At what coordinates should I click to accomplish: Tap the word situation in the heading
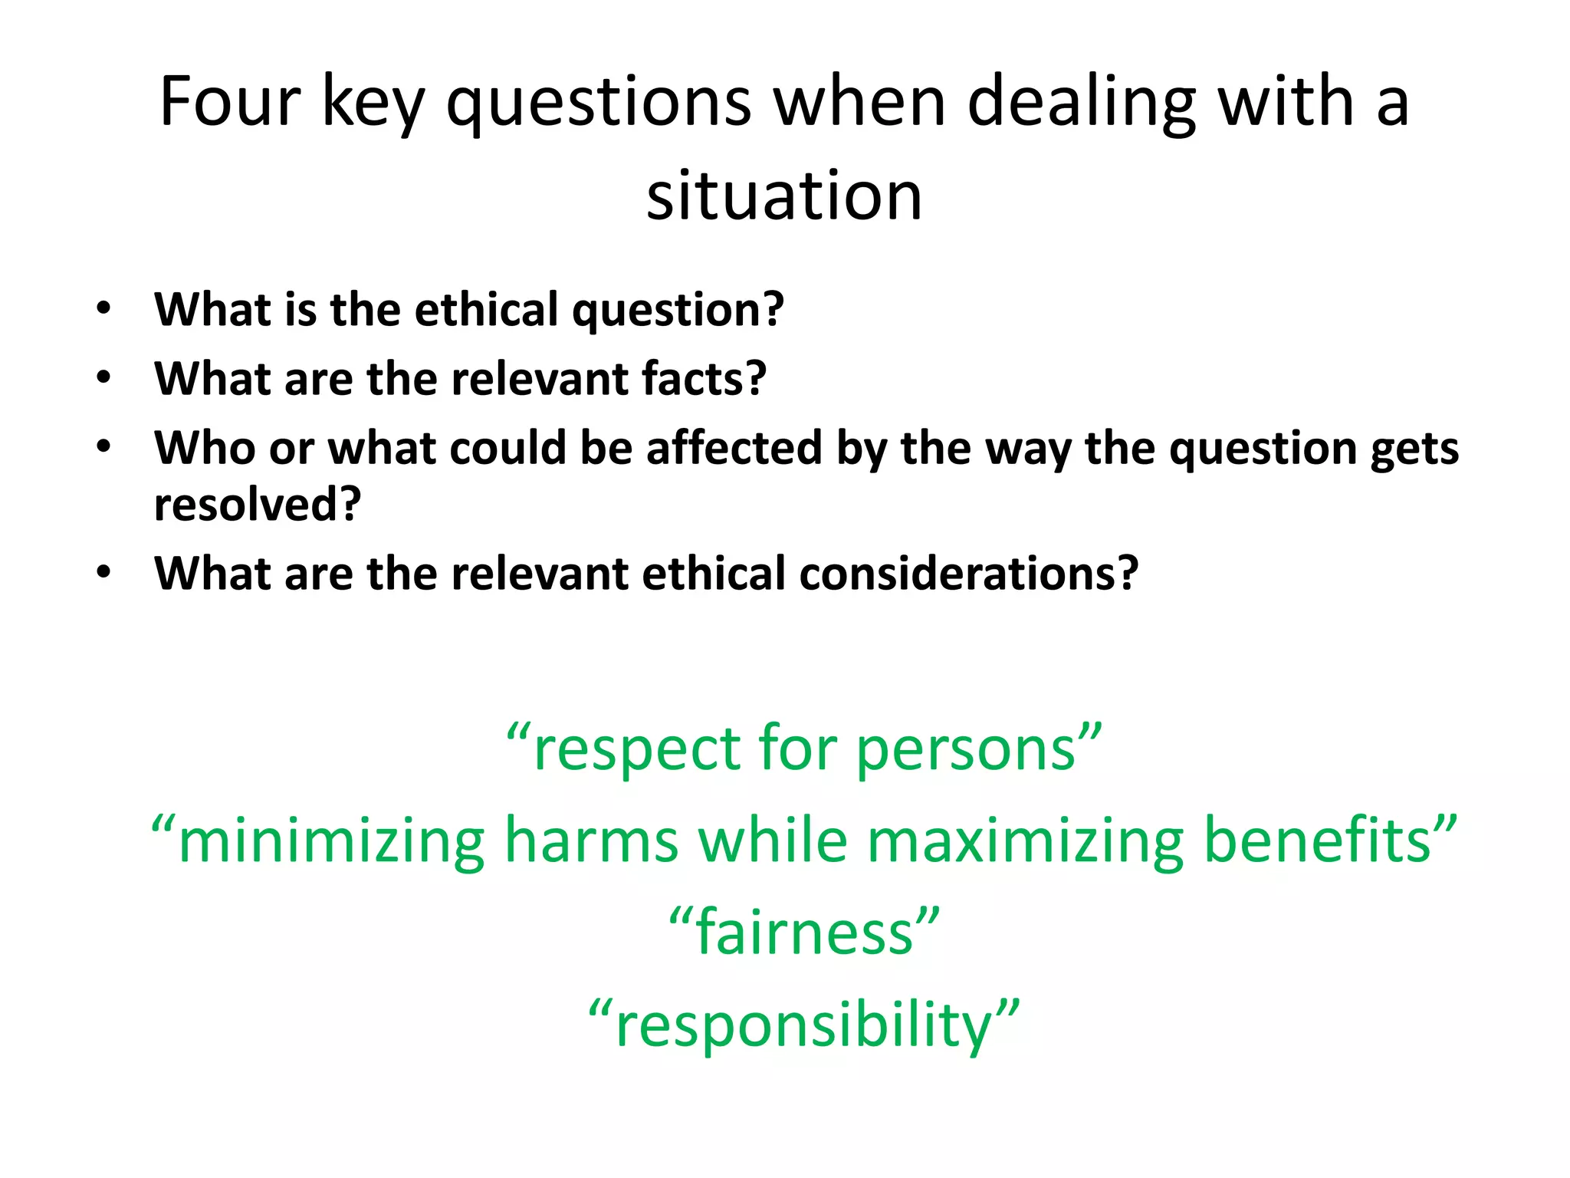pos(784,196)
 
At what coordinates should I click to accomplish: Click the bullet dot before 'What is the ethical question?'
pos(104,308)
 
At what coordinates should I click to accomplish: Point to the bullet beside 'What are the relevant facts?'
pos(104,377)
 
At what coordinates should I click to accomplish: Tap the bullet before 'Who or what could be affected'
pos(104,446)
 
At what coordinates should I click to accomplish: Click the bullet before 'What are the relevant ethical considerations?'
pos(104,572)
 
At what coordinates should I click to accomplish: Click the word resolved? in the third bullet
pos(258,504)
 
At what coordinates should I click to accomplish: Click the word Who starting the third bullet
pos(205,447)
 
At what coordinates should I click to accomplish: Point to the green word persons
pos(965,749)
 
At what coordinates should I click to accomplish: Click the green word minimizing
pos(331,841)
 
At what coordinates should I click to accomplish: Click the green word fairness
pos(804,933)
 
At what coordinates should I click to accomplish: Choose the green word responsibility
pos(804,1026)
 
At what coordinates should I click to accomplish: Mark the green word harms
pos(591,841)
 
